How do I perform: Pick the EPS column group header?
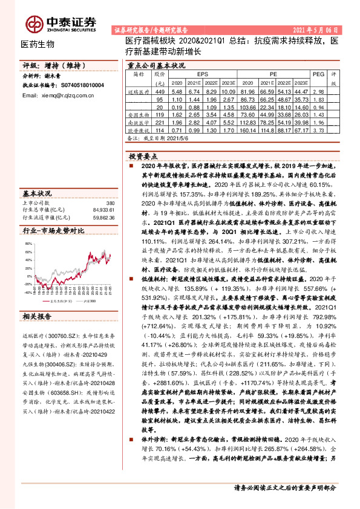click(201, 74)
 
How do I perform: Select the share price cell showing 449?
click(160, 91)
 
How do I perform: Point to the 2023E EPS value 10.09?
click(228, 91)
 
